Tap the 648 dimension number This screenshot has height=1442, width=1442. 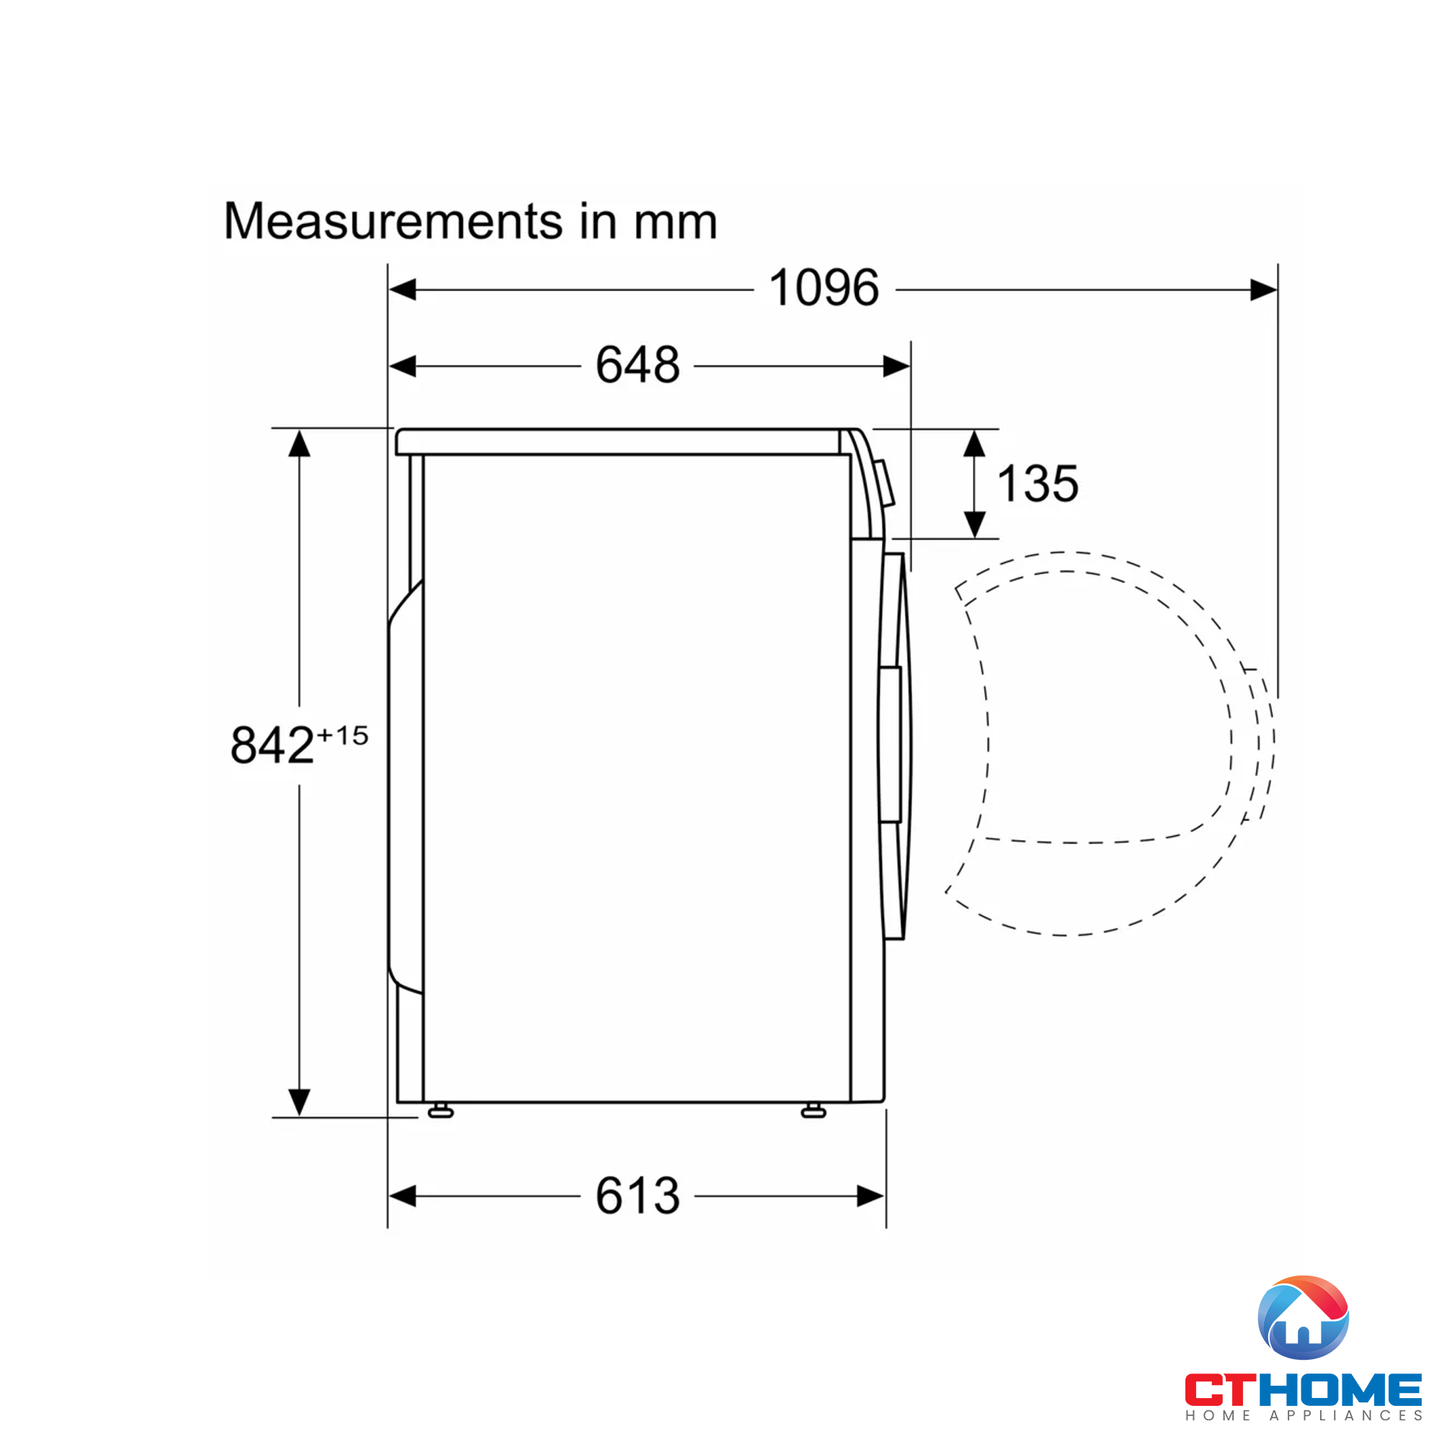tap(637, 365)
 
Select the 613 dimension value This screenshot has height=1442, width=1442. tap(637, 1195)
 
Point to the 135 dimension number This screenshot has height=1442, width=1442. tap(1038, 484)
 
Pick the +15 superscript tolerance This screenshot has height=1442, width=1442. tap(342, 736)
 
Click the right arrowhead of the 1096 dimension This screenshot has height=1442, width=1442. tap(1264, 290)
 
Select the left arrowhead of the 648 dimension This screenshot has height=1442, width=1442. tap(403, 366)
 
